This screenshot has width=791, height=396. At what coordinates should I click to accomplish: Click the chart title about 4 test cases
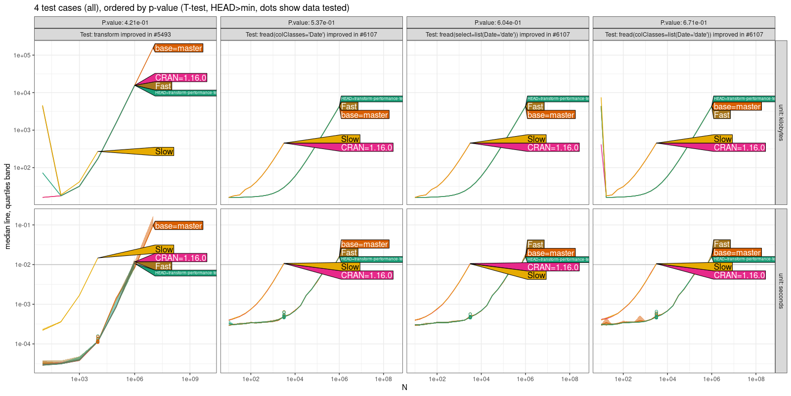[192, 8]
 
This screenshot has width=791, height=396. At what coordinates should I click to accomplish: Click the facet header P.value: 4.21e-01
[125, 23]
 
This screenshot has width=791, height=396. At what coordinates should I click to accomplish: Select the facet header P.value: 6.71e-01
[684, 23]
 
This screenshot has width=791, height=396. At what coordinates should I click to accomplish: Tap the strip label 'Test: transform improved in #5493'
[125, 35]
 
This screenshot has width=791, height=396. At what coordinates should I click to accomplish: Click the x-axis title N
[404, 387]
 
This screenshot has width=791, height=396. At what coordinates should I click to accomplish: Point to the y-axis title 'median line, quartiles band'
[7, 206]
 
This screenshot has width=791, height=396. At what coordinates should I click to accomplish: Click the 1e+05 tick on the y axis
[22, 55]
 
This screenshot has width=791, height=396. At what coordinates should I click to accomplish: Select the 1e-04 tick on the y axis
[22, 344]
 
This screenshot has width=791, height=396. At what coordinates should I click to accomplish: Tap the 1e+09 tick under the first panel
[190, 380]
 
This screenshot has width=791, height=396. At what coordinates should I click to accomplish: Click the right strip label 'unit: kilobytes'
[781, 122]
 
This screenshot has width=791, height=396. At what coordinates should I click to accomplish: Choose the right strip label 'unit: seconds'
[781, 291]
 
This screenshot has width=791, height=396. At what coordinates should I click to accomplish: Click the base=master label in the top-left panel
[178, 48]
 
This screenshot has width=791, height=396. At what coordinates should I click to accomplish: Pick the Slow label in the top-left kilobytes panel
[164, 151]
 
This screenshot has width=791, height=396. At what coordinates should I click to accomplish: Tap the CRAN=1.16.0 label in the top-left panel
[180, 78]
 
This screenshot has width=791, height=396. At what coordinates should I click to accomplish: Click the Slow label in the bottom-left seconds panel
[164, 249]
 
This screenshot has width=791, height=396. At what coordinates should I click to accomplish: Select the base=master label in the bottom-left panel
[178, 226]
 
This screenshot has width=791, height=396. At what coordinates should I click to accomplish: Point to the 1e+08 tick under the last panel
[756, 380]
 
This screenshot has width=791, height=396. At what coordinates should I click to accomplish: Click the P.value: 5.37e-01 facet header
[311, 23]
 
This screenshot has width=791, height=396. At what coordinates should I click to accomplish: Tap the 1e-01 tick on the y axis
[22, 225]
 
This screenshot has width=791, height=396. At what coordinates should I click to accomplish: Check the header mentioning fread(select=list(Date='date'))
[497, 35]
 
